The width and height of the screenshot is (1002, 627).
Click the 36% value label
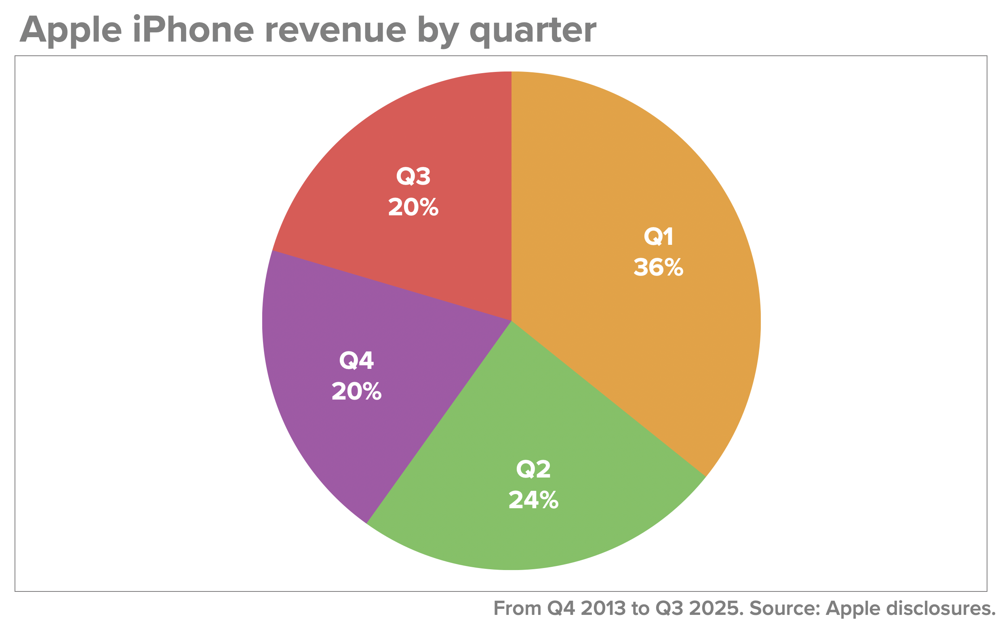pyautogui.click(x=658, y=267)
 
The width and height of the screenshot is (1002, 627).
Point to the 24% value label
pyautogui.click(x=533, y=500)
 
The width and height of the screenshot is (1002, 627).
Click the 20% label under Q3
pyautogui.click(x=413, y=207)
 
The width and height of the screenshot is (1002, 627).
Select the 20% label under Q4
pyautogui.click(x=357, y=391)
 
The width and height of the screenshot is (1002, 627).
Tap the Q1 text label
pyautogui.click(x=658, y=237)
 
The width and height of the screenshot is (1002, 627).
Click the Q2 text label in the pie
pyautogui.click(x=533, y=469)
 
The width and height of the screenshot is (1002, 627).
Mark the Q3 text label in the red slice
pyautogui.click(x=413, y=176)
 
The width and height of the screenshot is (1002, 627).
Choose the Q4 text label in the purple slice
pyautogui.click(x=357, y=360)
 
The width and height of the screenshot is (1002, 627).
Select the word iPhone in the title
pyautogui.click(x=193, y=30)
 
